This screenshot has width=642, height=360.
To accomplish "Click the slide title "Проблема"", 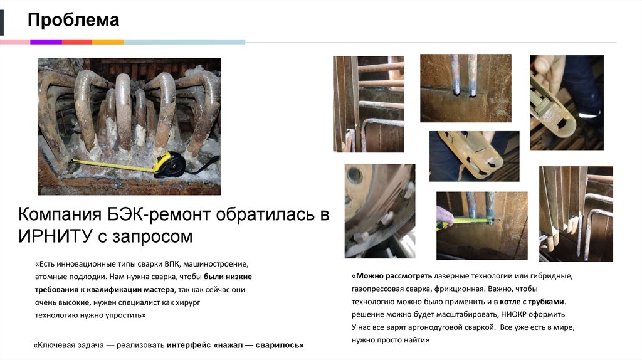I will point(73,20).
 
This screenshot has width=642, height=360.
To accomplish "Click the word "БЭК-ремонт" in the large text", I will point(156,214).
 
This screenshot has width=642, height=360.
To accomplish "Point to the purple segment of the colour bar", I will point(46,42).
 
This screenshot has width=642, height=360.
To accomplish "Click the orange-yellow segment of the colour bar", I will point(108,42).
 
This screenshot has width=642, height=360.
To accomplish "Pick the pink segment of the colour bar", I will point(15,42).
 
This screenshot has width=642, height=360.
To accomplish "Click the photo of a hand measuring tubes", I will point(481,225).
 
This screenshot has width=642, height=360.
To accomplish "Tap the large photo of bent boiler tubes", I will point(129,125).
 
